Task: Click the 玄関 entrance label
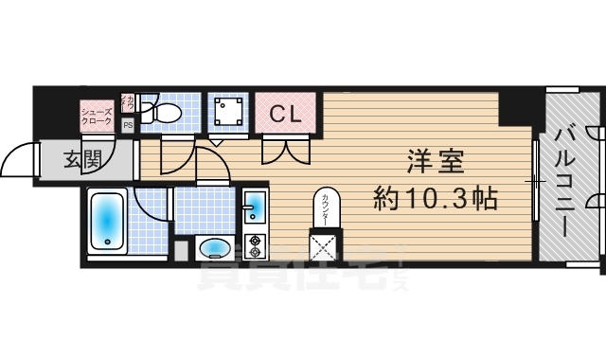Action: (x=83, y=160)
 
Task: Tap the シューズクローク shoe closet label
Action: (x=96, y=116)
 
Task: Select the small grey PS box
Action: (x=127, y=123)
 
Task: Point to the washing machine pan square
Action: (x=227, y=114)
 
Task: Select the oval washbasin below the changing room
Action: (x=216, y=248)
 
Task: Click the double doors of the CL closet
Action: (x=286, y=149)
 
